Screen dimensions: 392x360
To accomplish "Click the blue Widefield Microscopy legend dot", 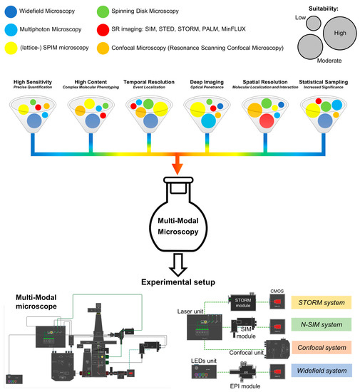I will (x=11, y=11).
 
